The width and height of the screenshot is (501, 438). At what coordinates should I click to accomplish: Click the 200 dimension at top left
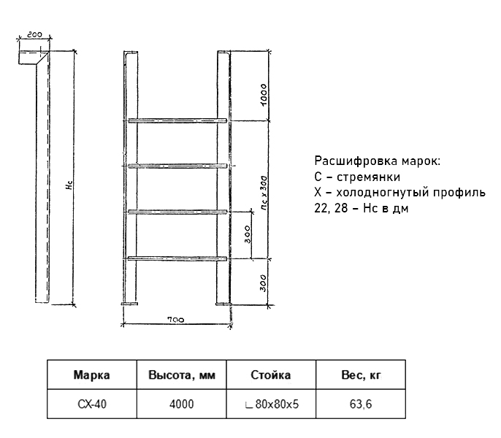pyautogui.click(x=34, y=34)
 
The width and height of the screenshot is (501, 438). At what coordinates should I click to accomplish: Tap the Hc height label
pyautogui.click(x=69, y=185)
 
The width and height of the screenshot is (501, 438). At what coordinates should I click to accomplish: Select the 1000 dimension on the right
pyautogui.click(x=263, y=95)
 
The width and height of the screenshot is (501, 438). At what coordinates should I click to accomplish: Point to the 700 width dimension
pyautogui.click(x=176, y=319)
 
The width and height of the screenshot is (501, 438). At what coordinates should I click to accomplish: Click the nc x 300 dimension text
pyautogui.click(x=264, y=192)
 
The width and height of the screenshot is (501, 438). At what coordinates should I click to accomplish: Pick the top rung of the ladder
pyautogui.click(x=177, y=120)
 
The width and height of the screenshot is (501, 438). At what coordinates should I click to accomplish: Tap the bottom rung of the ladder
pyautogui.click(x=177, y=258)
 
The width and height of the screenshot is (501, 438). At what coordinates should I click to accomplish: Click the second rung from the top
pyautogui.click(x=177, y=166)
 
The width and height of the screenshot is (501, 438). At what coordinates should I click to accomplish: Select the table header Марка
pyautogui.click(x=92, y=374)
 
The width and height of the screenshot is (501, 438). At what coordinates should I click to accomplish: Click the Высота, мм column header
pyautogui.click(x=181, y=374)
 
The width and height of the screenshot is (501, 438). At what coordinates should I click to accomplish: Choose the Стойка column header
pyautogui.click(x=271, y=374)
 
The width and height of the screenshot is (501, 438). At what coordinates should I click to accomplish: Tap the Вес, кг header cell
pyautogui.click(x=361, y=374)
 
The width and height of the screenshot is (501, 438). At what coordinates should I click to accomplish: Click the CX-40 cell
pyautogui.click(x=92, y=404)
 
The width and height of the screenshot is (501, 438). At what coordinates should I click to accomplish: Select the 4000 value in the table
pyautogui.click(x=181, y=404)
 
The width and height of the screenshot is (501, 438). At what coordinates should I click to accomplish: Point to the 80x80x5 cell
pyautogui.click(x=272, y=404)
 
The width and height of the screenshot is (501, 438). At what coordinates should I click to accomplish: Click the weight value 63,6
pyautogui.click(x=361, y=404)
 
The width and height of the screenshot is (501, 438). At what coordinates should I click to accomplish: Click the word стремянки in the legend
pyautogui.click(x=368, y=177)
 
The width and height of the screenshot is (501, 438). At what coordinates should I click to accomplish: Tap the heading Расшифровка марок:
pyautogui.click(x=378, y=161)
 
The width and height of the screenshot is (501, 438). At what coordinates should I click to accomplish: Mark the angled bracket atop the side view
pyautogui.click(x=34, y=58)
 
